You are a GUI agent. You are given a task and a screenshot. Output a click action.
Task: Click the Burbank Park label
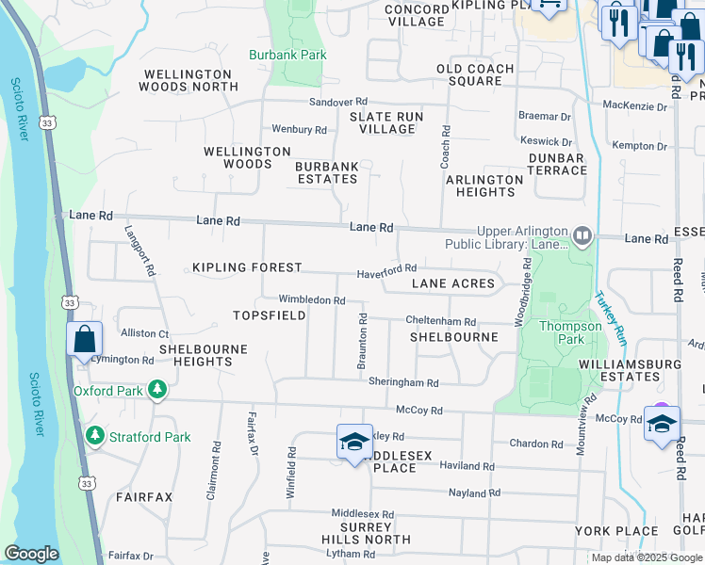pos(287,55)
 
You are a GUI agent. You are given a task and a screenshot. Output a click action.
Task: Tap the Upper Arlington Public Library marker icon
pos(582,235)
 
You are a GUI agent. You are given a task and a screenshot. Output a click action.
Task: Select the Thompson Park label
pos(569,333)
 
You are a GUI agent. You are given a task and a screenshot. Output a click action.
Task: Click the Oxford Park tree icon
pos(159,390)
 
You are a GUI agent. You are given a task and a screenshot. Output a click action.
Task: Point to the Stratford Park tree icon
pos(94,436)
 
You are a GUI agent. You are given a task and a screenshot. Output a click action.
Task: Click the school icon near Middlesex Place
pos(354,443)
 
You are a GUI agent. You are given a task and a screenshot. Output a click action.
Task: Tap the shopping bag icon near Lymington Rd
pos(84,340)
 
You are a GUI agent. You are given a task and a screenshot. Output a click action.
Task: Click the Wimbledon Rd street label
pos(311,299)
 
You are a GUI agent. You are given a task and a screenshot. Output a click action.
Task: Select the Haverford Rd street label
pos(386,273)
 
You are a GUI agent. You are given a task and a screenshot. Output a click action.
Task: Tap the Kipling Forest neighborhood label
pos(247,268)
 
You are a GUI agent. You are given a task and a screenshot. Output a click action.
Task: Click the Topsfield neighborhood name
pos(270,315)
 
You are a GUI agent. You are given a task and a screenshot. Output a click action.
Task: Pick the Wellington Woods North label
pos(189,80)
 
